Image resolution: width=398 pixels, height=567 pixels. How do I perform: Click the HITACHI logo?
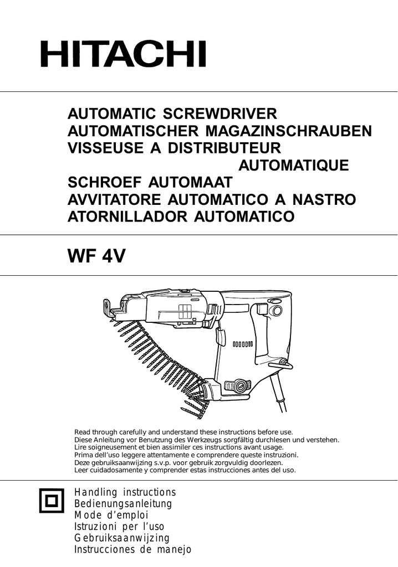point(123,54)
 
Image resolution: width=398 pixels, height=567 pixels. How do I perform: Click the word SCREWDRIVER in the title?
point(220,114)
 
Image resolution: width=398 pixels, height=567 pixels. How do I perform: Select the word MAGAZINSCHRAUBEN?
point(289,131)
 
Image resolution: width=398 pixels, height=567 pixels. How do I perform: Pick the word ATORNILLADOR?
point(127,217)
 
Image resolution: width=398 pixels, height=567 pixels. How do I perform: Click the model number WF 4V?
point(96,256)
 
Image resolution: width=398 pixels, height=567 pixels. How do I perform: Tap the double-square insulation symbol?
point(52,501)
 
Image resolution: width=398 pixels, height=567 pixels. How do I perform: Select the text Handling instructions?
point(125,492)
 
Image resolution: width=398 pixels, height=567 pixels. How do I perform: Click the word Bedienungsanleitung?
point(123,503)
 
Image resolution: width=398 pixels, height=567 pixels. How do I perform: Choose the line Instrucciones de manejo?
point(132,549)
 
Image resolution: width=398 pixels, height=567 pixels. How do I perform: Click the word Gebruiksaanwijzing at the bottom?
point(122,538)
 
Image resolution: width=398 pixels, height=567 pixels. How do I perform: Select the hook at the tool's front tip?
point(108,307)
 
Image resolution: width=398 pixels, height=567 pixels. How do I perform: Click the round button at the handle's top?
point(277,311)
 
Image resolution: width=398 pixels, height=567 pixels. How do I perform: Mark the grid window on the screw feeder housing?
point(185,311)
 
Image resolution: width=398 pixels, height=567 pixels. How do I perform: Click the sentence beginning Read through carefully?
point(183,432)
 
